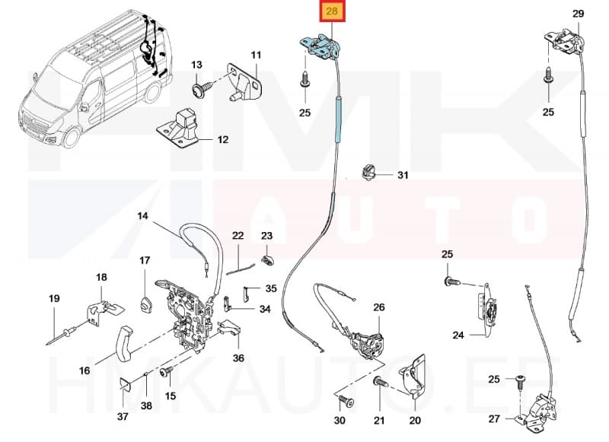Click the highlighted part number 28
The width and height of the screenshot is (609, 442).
point(332,12)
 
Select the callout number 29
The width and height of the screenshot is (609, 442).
point(578,14)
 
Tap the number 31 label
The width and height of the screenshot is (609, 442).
point(403,176)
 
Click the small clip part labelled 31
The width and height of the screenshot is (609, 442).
point(367,173)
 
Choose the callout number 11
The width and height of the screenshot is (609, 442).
point(256,55)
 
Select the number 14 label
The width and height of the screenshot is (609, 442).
point(142,216)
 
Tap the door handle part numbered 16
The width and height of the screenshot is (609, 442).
point(122,345)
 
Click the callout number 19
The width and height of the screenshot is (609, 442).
point(54,299)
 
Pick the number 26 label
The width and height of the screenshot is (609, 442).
point(379,307)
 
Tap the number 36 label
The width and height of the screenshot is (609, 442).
point(239,358)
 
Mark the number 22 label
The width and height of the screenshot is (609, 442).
point(238,237)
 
